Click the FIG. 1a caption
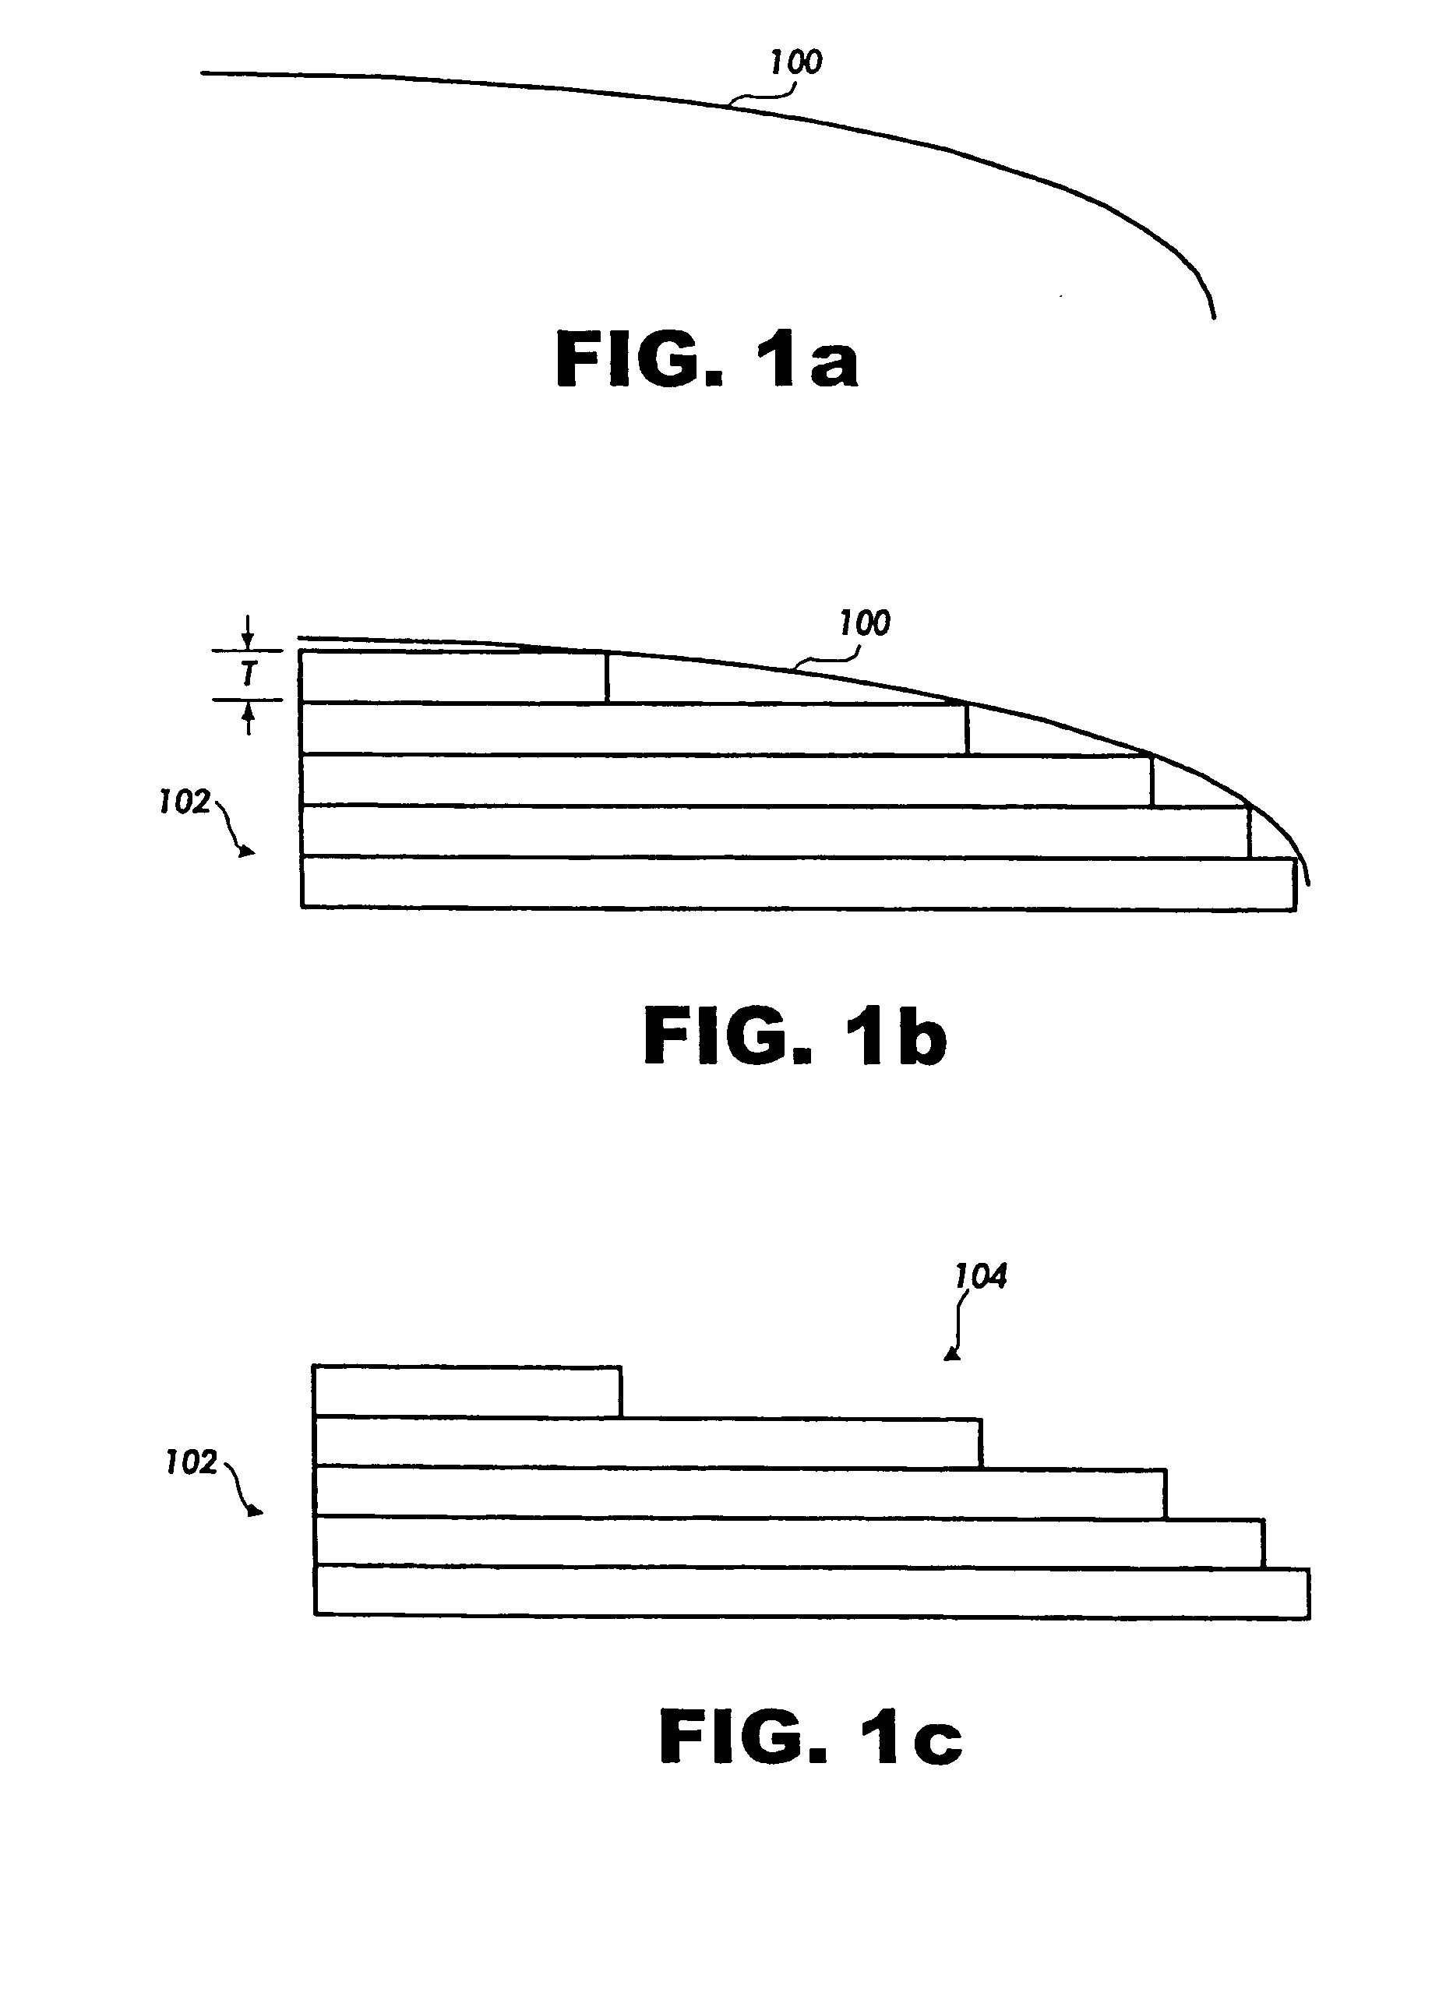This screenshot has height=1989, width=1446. point(707,361)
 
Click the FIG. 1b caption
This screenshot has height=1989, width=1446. point(795,1037)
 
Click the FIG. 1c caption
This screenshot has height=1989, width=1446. point(810,1737)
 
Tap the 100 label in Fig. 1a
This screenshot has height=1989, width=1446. point(795,62)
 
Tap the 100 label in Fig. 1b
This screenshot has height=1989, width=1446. point(865,623)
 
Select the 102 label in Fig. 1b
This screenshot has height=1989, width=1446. point(184,802)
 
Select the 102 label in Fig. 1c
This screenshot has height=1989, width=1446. point(191,1462)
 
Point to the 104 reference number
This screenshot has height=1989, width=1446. point(980,1276)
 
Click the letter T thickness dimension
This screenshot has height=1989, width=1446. point(249,675)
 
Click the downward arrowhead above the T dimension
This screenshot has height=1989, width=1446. point(249,644)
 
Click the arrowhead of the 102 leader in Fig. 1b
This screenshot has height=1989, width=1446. point(250,852)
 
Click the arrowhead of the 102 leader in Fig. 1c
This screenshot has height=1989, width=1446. point(256,1512)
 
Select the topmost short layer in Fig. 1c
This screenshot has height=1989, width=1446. point(467,1391)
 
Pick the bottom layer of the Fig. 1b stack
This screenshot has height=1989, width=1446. point(797,884)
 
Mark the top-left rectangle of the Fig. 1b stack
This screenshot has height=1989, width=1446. point(453,676)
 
